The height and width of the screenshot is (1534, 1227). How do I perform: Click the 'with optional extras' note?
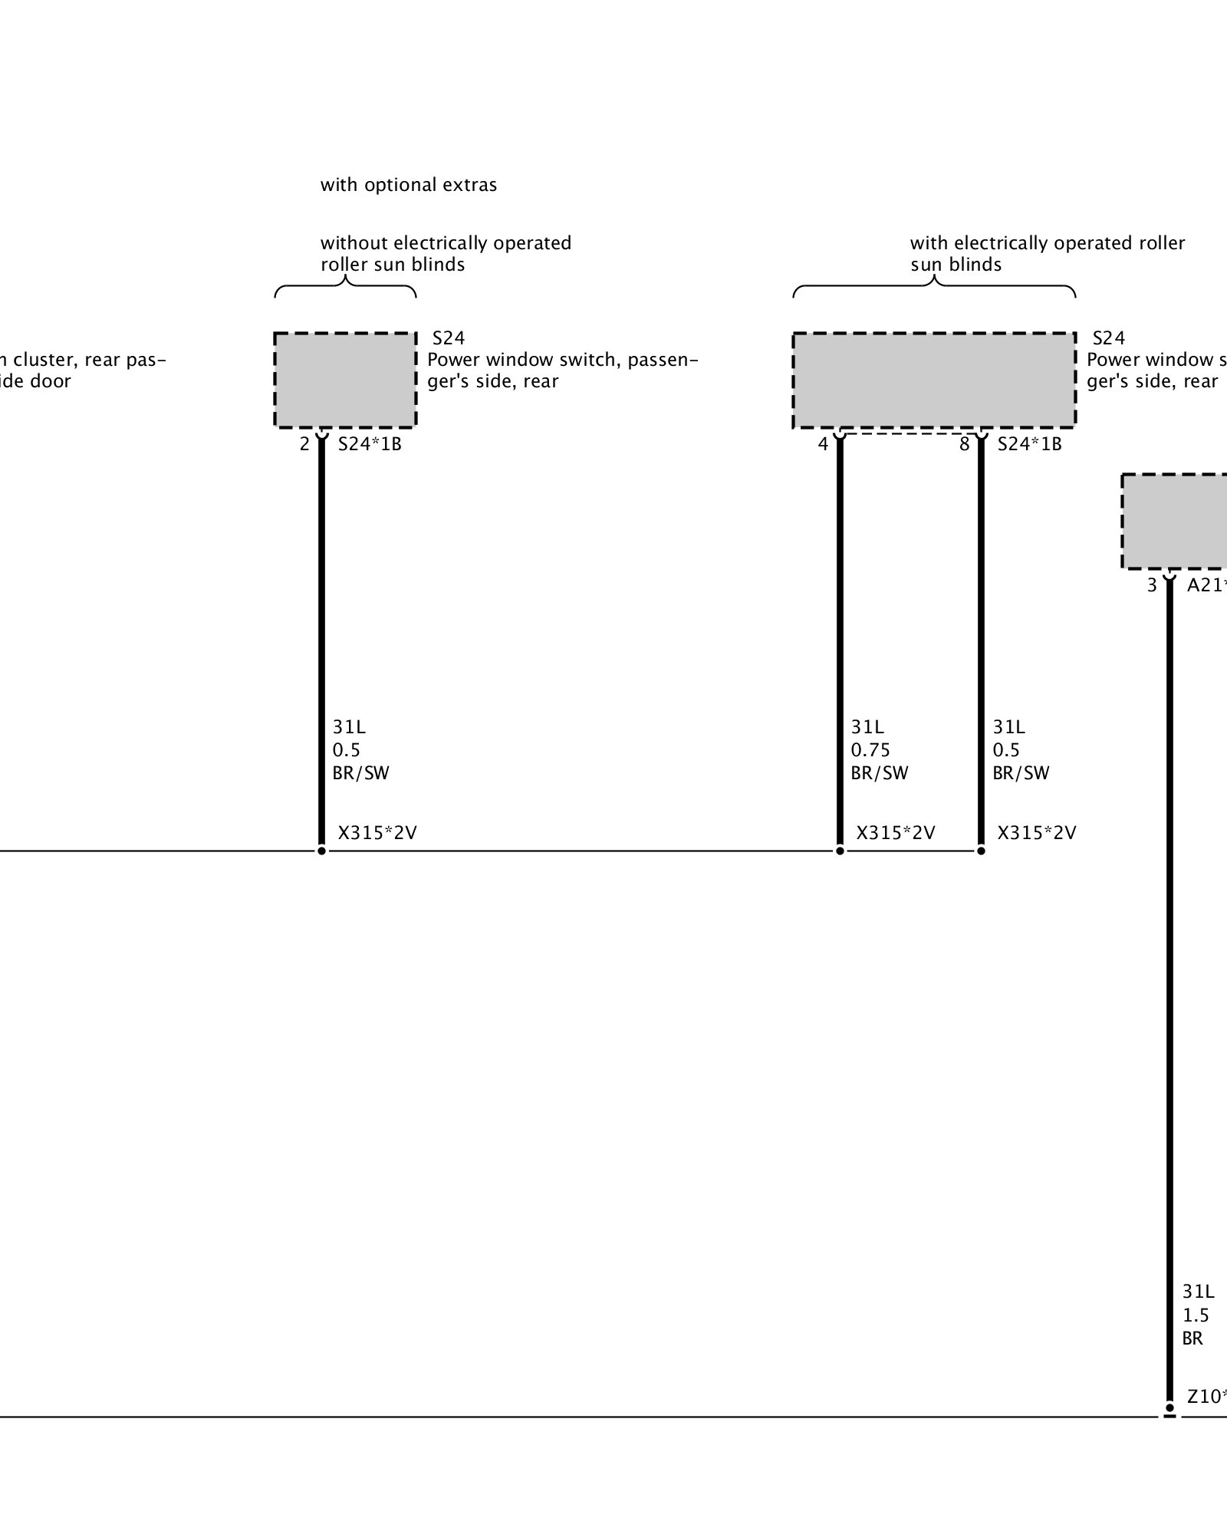tap(408, 185)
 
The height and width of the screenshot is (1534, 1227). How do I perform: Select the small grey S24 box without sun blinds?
tap(345, 380)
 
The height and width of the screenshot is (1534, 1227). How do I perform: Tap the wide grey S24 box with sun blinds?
tap(933, 380)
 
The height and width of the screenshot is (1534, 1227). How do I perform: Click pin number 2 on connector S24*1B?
tap(304, 444)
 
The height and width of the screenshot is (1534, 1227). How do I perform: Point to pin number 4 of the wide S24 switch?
tap(823, 444)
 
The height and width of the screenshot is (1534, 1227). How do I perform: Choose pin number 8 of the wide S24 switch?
tap(965, 444)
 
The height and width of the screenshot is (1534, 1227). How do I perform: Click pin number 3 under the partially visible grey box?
tap(1152, 585)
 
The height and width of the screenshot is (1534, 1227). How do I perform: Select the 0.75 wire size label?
tap(870, 749)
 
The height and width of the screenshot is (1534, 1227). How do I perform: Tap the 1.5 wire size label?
tap(1196, 1315)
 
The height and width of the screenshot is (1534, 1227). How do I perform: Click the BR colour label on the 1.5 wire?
tap(1192, 1338)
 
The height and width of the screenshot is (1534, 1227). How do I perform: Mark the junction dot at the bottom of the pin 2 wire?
tap(321, 851)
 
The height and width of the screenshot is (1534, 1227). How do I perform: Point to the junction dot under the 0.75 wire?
tap(840, 851)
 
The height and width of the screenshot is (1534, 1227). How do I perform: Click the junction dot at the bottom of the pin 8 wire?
tap(981, 851)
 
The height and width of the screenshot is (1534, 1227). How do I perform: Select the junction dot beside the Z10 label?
tap(1169, 1408)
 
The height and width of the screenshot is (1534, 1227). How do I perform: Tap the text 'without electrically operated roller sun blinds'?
tap(446, 254)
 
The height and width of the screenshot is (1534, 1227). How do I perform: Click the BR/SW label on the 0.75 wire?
tap(879, 772)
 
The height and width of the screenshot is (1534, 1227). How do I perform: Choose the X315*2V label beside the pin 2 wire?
tap(377, 833)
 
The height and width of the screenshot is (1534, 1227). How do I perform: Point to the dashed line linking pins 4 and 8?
tap(910, 434)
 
